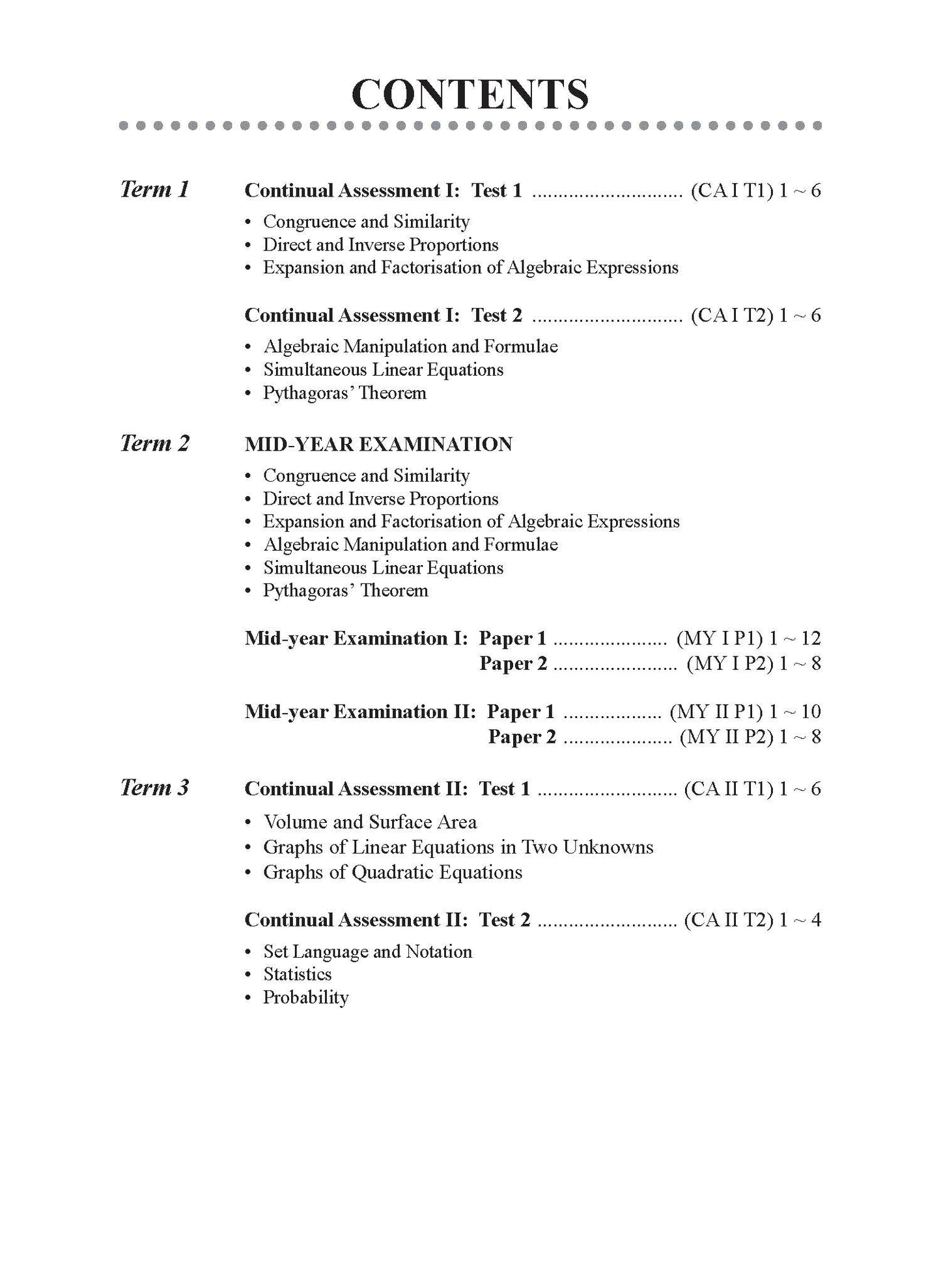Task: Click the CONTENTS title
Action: tap(470, 94)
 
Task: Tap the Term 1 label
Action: tap(154, 189)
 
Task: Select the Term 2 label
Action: tap(154, 443)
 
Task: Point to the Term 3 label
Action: tap(154, 788)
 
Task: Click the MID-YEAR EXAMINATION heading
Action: tap(378, 445)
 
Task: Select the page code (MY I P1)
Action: tap(720, 639)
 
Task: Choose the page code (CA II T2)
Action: tap(728, 920)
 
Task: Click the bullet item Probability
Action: tap(305, 997)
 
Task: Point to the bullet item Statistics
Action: tap(297, 975)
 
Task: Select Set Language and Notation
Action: tap(367, 952)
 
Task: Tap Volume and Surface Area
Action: tap(370, 822)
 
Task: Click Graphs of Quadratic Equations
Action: tap(392, 872)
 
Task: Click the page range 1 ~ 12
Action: tap(794, 639)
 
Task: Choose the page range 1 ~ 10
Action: tap(794, 712)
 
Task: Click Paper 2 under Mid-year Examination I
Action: tap(513, 664)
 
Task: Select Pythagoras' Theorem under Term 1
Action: tap(344, 393)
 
